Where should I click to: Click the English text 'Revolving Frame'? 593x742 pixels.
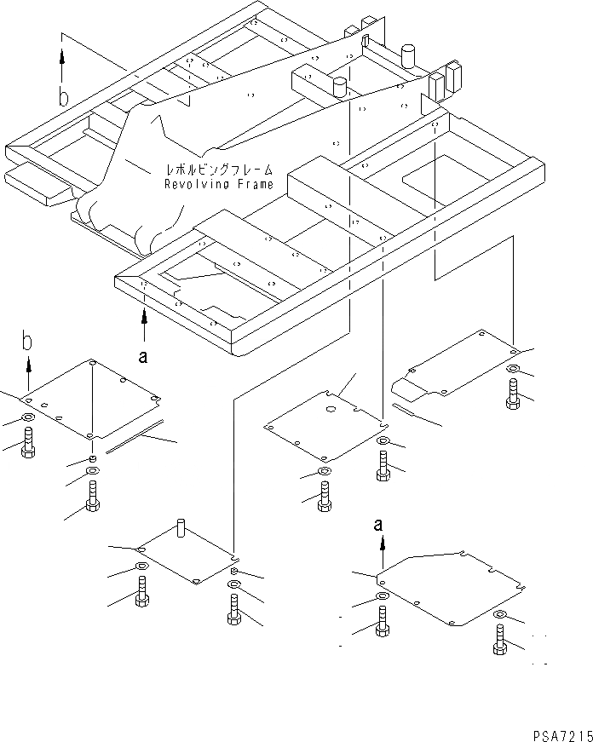coord(219,184)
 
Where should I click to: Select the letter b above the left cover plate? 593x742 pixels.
coord(28,342)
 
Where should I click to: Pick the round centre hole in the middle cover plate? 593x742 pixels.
coord(331,410)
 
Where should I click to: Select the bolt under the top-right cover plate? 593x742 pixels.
coord(512,394)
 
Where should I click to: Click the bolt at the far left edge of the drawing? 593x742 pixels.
coord(26,442)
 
